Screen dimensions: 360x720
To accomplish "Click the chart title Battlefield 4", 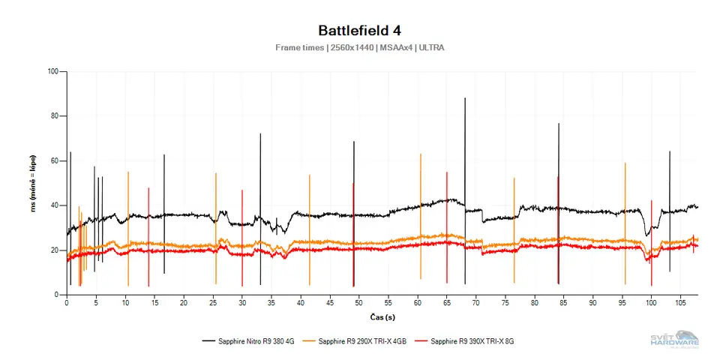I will click(x=359, y=31).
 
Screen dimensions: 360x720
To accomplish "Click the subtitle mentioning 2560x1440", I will click(x=359, y=48).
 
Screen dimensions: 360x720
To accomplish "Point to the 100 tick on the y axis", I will click(x=52, y=72).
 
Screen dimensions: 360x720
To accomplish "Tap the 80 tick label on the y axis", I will click(x=54, y=116).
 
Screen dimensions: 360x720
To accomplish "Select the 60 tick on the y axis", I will click(x=54, y=161).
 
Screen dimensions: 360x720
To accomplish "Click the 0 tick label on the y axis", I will click(x=56, y=295).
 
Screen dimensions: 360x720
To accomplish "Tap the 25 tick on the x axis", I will click(x=213, y=302).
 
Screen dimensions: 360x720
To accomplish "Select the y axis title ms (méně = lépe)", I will click(x=34, y=183).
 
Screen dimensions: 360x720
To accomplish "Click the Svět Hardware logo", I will click(x=674, y=339).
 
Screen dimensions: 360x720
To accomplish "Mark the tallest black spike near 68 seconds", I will click(x=465, y=98).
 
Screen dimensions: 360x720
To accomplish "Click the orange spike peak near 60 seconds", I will click(x=421, y=154).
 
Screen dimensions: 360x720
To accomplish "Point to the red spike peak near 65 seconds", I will click(x=447, y=172).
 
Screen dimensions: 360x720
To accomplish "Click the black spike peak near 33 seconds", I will click(x=260, y=134).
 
